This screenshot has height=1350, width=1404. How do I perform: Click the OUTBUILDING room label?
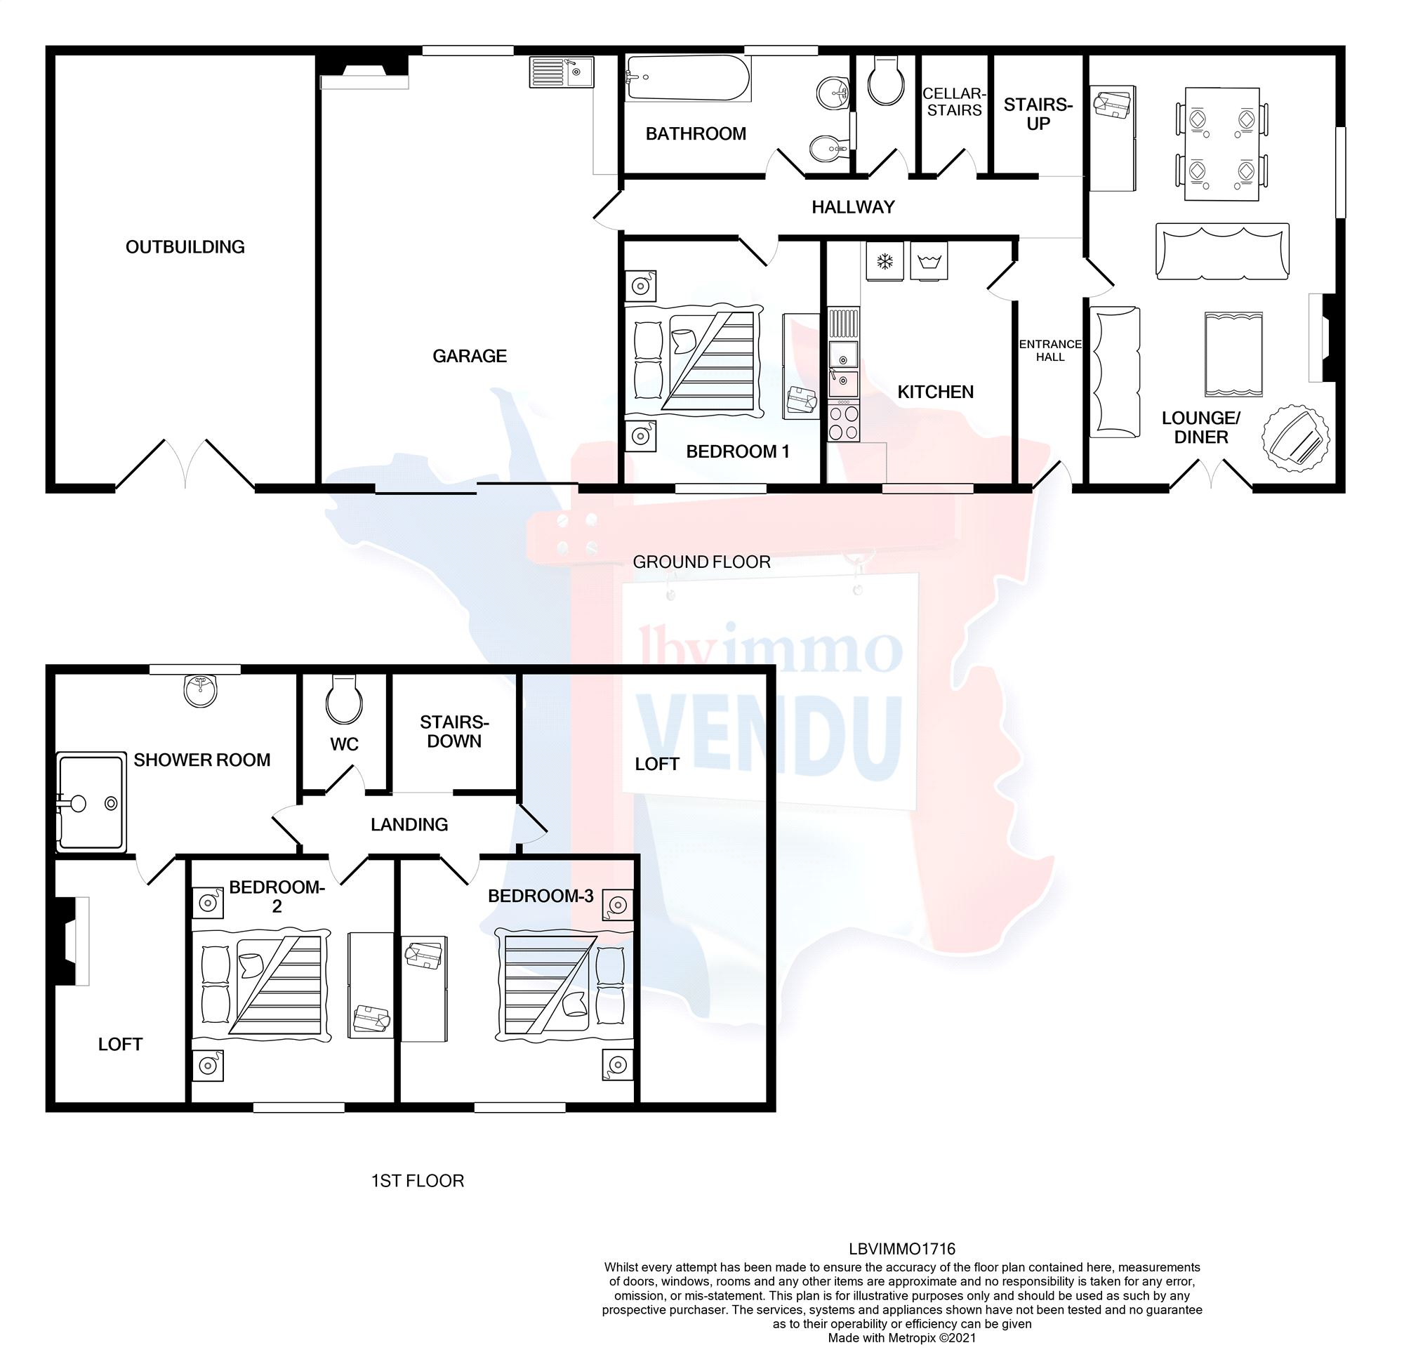[185, 247]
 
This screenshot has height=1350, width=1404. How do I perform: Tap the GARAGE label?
[469, 356]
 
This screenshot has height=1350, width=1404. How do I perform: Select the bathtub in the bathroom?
[688, 79]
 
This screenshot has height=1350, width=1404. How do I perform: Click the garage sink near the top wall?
[562, 72]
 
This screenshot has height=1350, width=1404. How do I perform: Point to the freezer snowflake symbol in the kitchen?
[885, 261]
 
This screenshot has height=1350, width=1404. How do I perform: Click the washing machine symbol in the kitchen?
[929, 261]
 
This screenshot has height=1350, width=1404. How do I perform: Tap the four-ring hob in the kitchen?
[843, 423]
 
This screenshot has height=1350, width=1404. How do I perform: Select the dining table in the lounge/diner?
[1222, 144]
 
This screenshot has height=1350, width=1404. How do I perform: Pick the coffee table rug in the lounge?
[1233, 354]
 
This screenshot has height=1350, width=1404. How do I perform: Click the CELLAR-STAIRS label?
[953, 102]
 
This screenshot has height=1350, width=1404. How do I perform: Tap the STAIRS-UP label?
[1038, 114]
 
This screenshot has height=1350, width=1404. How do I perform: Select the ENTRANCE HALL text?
[1049, 350]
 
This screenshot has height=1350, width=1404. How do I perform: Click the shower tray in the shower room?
[91, 802]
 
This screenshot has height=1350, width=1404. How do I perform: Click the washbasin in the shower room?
[200, 691]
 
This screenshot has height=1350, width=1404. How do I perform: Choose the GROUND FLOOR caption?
[701, 562]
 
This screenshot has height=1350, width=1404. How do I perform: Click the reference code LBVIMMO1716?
[902, 1249]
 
